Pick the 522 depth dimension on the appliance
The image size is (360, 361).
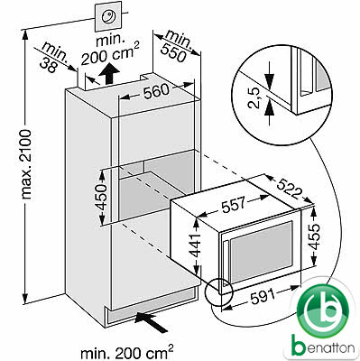point(289,188)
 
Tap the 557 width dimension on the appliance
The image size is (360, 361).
point(234,205)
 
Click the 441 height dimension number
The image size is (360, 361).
point(196,245)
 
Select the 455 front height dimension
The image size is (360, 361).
point(314,236)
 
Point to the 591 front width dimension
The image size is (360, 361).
point(263,297)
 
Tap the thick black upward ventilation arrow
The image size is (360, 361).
point(108,74)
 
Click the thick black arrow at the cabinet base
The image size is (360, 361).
point(152,322)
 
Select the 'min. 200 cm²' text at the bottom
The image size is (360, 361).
point(127,352)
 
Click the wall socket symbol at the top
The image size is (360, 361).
point(108,16)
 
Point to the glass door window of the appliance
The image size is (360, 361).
point(261,252)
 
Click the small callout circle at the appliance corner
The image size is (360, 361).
point(219,292)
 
